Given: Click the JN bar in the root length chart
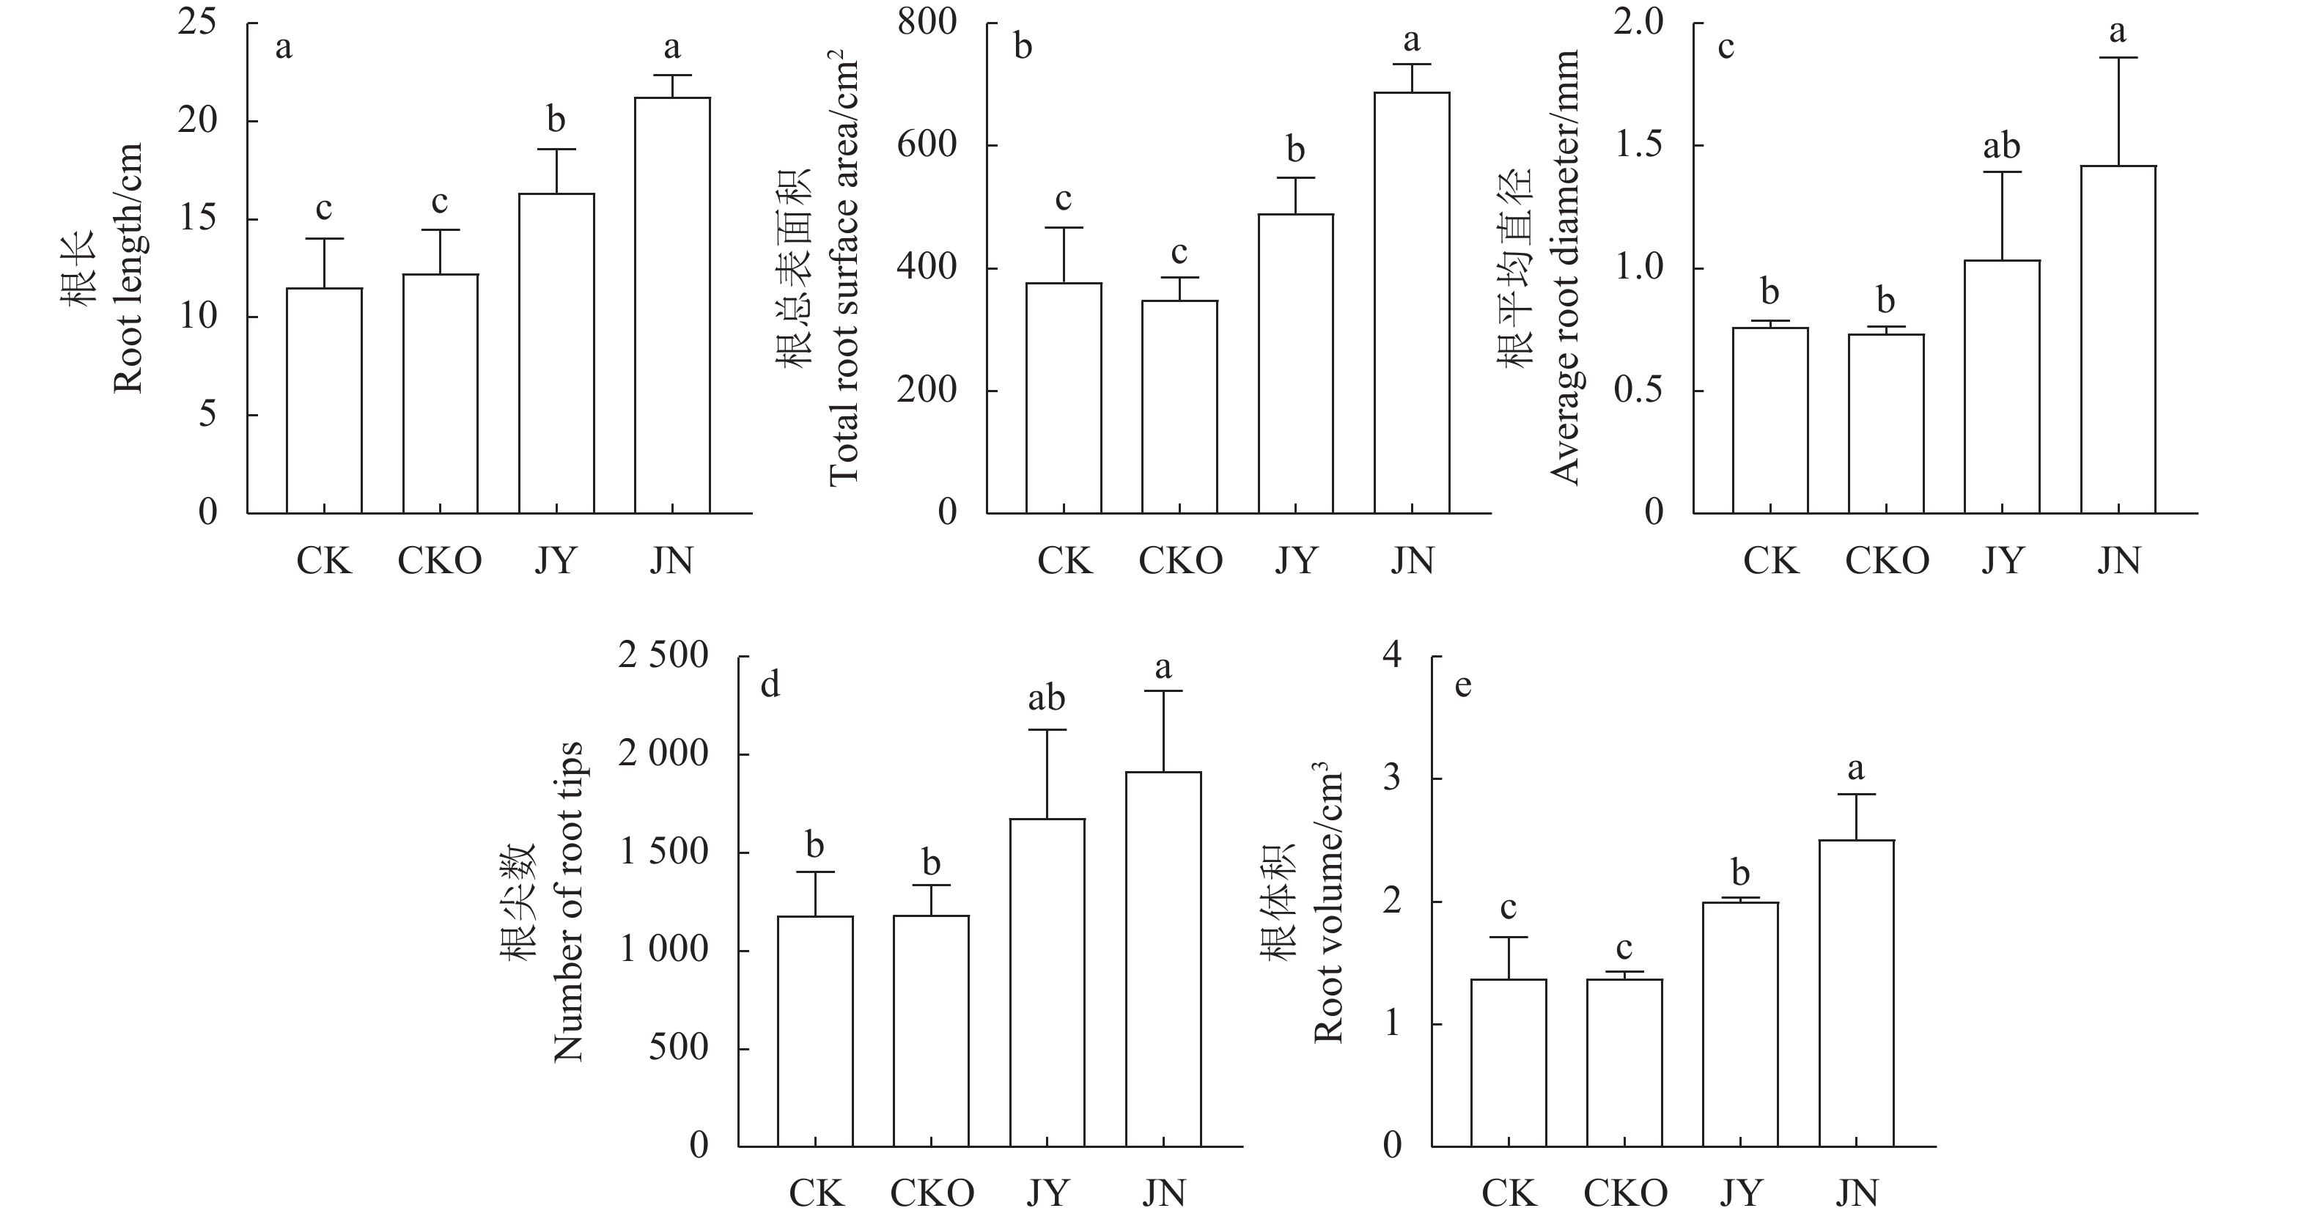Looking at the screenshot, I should pos(672,305).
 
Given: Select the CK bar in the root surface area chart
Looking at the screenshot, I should pos(1064,398).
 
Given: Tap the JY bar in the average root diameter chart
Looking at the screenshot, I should pos(2002,386).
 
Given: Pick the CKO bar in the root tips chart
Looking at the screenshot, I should pos(932,1031).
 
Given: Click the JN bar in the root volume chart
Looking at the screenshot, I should pos(1856,993).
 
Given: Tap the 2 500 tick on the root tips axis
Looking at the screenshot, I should pos(663,656).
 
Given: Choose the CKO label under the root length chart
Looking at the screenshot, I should pos(439,561).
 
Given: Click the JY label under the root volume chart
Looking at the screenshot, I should pos(1741,1194).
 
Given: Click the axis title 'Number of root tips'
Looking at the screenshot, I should pos(568,902).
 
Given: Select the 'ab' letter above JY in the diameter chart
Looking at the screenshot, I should pos(2002,146).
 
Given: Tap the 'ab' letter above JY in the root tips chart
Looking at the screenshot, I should pos(1046,699).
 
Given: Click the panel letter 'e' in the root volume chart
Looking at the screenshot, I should pos(1464,685).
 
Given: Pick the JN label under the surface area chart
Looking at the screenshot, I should pos(1413,561).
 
